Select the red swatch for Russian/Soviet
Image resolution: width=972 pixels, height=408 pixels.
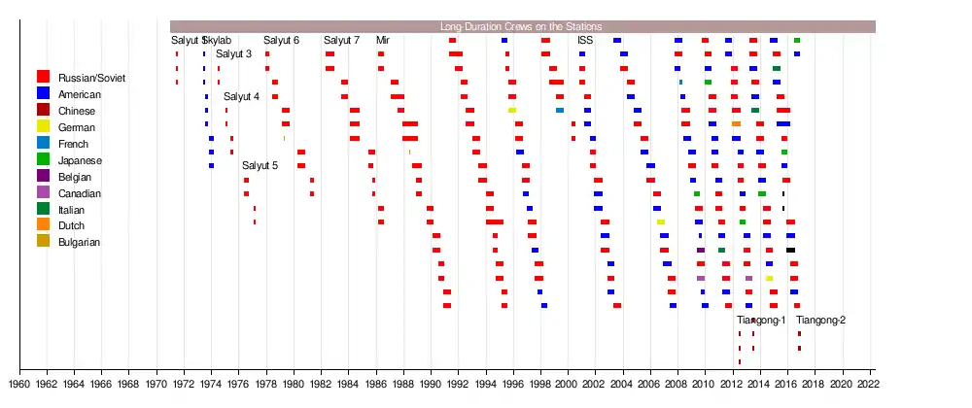tap(43, 77)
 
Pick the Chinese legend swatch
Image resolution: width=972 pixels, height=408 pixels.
tap(43, 111)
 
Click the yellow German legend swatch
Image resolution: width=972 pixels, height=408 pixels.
tap(43, 127)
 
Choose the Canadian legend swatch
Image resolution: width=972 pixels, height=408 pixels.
tap(43, 193)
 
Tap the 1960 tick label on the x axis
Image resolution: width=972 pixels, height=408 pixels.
tap(20, 385)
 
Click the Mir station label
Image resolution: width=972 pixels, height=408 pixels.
tap(383, 41)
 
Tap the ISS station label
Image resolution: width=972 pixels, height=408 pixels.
tap(585, 41)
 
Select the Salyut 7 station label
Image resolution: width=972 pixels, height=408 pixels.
tap(341, 41)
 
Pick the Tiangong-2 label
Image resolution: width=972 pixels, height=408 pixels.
tap(820, 321)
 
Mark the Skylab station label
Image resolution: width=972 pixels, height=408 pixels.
tap(219, 41)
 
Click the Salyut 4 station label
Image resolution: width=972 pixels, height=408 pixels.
tap(241, 96)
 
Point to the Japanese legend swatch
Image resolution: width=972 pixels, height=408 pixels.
tap(43, 160)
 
